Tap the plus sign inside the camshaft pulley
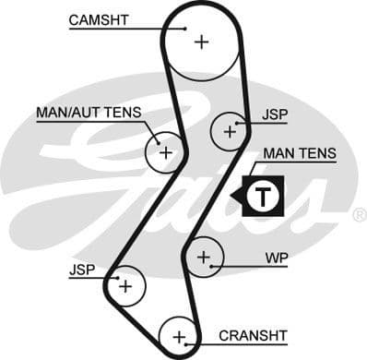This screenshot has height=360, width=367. click(x=200, y=41)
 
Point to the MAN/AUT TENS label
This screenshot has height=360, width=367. click(x=89, y=113)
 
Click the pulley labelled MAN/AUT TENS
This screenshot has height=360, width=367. click(x=165, y=151)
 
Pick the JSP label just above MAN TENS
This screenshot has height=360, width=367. click(x=275, y=114)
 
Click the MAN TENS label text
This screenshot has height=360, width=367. click(x=299, y=153)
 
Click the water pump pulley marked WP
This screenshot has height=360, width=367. click(x=204, y=256)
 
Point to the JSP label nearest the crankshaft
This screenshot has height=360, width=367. click(x=81, y=271)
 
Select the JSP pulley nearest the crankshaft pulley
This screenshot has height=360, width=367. click(x=124, y=286)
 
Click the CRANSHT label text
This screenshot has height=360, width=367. click(x=253, y=334)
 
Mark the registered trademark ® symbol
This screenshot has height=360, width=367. click(x=359, y=214)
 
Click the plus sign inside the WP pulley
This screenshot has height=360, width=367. click(x=204, y=256)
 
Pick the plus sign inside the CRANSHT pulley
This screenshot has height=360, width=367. click(x=179, y=335)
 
